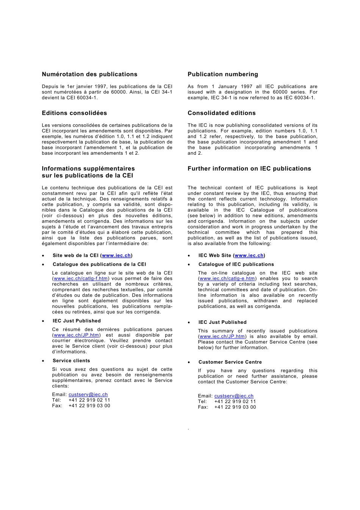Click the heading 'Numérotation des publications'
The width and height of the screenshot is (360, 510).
(89, 74)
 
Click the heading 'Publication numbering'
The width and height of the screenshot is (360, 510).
(223, 74)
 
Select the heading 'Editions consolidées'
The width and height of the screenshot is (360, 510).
(74, 113)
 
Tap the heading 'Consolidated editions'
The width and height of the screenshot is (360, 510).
(222, 113)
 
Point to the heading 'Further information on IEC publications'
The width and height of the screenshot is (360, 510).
(249, 169)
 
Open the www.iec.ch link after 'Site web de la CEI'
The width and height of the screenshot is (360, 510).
(116, 256)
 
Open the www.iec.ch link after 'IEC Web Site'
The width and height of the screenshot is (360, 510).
(249, 256)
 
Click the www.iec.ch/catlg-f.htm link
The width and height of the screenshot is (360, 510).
(81, 279)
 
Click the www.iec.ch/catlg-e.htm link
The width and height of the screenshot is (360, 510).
(227, 279)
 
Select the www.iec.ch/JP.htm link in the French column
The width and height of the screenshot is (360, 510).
(77, 335)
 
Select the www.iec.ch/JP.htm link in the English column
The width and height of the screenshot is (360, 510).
(222, 336)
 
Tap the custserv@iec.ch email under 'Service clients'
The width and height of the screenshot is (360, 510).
(88, 395)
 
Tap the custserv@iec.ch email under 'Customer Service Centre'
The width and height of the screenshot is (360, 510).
(234, 396)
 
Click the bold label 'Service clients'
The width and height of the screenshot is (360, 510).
(71, 361)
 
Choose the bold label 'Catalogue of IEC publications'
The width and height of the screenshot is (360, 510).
(236, 264)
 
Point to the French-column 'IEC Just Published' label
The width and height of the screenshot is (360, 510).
(77, 321)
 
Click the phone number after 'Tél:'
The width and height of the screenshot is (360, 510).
(89, 400)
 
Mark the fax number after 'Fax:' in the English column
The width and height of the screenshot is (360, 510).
(235, 407)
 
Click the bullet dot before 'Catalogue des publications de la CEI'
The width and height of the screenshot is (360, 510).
(43, 265)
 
